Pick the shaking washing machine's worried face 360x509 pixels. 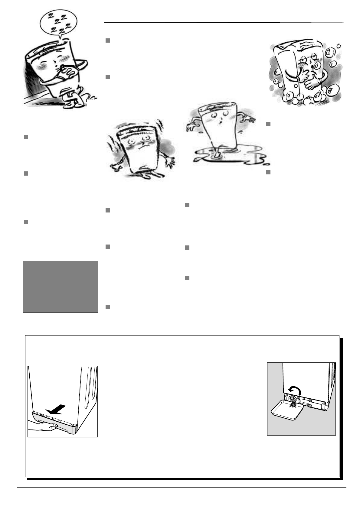point(140,144)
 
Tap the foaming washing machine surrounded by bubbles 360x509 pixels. point(306,73)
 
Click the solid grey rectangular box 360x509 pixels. point(61,287)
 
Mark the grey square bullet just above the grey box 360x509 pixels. point(26,222)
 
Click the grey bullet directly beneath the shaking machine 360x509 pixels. point(107,210)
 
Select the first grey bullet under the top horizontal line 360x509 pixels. point(107,41)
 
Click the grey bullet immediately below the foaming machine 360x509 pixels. point(268,124)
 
